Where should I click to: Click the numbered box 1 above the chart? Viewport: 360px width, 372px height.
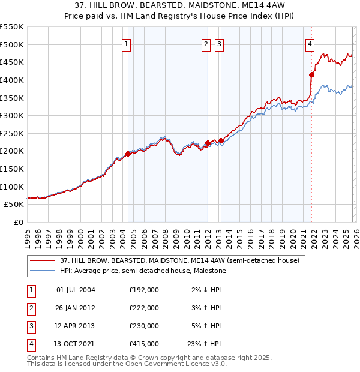tap(127, 44)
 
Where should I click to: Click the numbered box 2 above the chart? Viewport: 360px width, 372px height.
tap(206, 44)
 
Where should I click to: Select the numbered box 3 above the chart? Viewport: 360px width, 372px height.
tap(219, 44)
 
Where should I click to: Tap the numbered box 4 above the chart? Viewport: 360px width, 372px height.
tap(310, 44)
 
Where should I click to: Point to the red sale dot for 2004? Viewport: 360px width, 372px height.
tap(128, 154)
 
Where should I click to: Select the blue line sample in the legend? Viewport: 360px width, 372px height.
tap(43, 271)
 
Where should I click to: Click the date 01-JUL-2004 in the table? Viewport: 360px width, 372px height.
tap(76, 290)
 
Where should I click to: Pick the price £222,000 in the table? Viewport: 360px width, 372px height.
tap(144, 308)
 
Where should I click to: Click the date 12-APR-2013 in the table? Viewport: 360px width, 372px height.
tap(76, 326)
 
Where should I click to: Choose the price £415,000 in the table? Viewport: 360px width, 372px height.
tap(144, 344)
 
